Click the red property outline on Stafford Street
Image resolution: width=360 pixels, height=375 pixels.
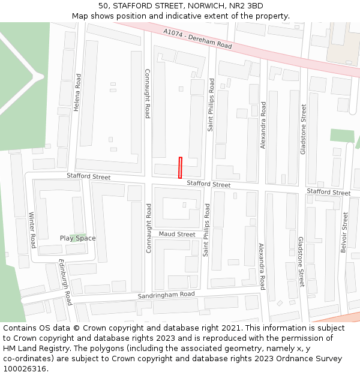click(180, 167)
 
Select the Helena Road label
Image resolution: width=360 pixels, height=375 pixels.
click(77, 93)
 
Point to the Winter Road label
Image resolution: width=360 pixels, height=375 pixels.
click(32, 230)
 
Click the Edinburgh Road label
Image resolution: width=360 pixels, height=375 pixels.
click(65, 281)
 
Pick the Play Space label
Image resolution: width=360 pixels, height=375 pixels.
click(77, 238)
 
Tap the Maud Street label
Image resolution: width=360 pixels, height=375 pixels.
click(177, 234)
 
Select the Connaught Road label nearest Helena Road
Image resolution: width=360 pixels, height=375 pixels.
click(147, 93)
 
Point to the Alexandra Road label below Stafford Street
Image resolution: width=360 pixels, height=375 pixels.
click(261, 266)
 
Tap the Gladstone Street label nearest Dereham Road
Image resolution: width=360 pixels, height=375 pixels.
click(304, 129)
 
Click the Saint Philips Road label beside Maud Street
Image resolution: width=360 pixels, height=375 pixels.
click(206, 230)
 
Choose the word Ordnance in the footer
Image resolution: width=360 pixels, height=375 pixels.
click(290, 359)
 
